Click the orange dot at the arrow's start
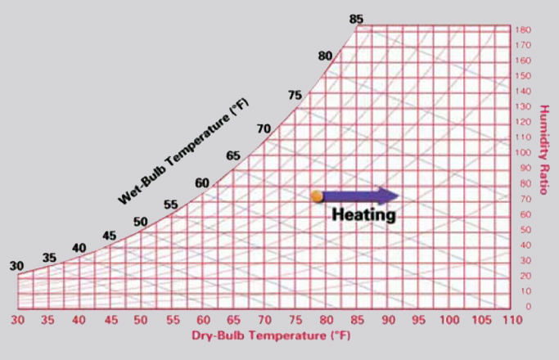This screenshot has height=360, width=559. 316,196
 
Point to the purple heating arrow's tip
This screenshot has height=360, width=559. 399,196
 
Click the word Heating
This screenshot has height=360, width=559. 363,215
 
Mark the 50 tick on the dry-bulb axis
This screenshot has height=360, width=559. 141,320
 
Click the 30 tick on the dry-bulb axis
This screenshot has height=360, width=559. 17,320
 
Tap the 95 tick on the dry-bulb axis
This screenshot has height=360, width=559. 419,320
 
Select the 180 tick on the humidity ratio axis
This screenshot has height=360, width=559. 524,29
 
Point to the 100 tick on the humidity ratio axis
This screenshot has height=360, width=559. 524,153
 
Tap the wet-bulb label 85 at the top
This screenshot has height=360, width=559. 355,18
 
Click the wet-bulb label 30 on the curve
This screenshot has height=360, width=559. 16,266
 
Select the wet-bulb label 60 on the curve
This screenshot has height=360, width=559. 201,183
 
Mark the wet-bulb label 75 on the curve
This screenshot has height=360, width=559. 295,96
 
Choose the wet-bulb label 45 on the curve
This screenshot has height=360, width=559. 109,236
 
